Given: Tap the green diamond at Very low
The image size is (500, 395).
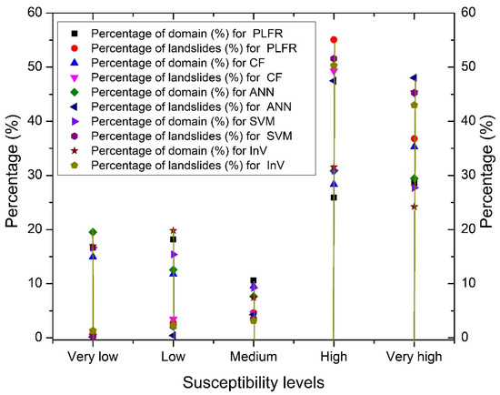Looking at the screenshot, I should (x=93, y=232).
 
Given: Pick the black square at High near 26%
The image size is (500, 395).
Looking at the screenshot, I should (x=334, y=197).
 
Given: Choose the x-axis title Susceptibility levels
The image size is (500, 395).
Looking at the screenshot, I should (x=253, y=382).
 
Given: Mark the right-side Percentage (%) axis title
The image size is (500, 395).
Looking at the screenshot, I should (x=490, y=175).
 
